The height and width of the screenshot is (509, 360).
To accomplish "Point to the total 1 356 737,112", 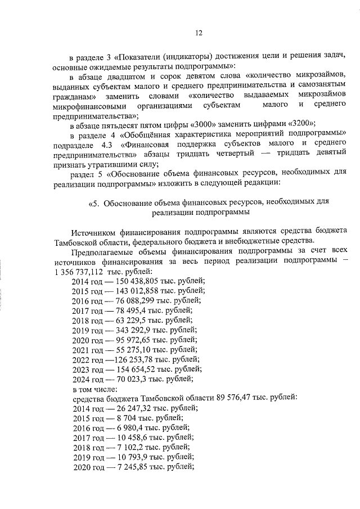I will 81,271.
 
